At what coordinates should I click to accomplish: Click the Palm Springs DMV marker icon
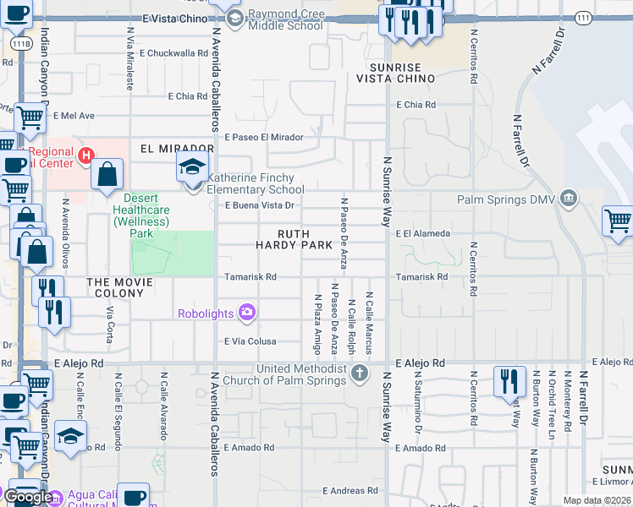[x=569, y=199]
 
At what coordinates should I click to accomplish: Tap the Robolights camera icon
[x=247, y=313]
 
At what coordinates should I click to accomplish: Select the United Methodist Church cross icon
[x=360, y=373]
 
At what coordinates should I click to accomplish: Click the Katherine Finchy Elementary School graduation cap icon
[x=192, y=166]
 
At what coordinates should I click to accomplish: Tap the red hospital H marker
[x=85, y=155]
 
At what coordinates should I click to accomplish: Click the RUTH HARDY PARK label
[x=294, y=239]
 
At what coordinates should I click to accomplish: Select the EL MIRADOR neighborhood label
[x=165, y=148]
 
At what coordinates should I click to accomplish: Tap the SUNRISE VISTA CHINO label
[x=402, y=73]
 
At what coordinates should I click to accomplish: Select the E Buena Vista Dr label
[x=259, y=205]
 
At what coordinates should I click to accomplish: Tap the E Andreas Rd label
[x=348, y=490]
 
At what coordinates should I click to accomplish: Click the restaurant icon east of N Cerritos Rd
[x=509, y=383]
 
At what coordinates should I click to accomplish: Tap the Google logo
[x=28, y=497]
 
